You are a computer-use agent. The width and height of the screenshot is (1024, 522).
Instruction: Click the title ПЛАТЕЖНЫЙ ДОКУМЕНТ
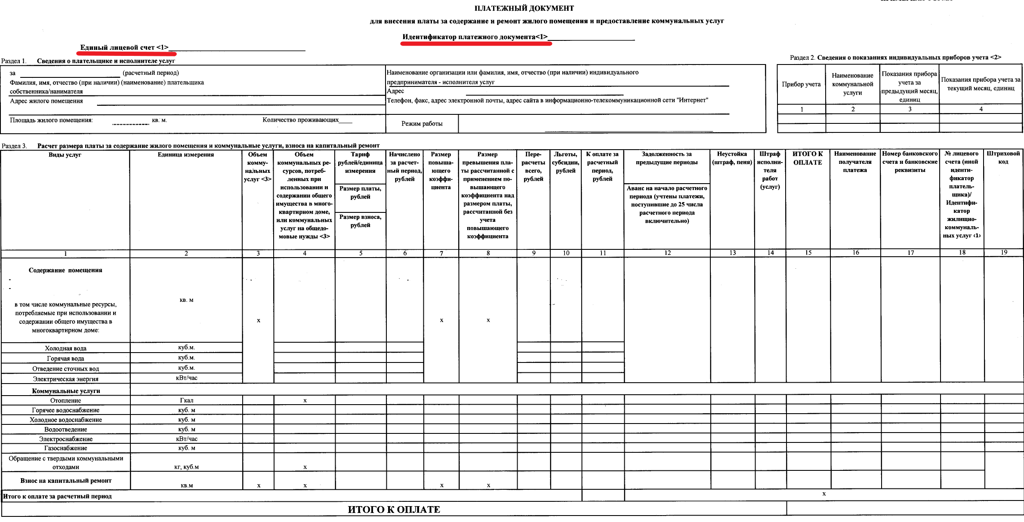[524, 8]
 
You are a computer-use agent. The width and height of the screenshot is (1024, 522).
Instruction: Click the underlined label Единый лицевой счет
[124, 48]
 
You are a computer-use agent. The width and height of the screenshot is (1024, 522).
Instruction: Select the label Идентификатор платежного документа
[475, 37]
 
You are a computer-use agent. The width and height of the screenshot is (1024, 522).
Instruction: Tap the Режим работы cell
[422, 124]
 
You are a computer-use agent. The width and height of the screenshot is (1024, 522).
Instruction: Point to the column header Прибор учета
[801, 84]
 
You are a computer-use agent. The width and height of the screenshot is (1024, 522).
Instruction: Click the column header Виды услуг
[65, 155]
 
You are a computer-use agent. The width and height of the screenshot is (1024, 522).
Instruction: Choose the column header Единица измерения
[185, 155]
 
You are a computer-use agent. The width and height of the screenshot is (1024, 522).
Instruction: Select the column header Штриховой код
[1003, 157]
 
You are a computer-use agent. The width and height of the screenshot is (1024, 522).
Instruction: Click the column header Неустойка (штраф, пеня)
[732, 158]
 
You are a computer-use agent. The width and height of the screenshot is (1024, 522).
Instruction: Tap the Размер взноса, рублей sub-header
[360, 221]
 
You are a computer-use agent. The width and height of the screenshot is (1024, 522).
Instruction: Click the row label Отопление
[65, 400]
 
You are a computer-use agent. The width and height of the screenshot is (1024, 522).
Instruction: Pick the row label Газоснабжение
[65, 448]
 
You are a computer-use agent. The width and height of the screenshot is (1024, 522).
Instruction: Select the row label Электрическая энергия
[65, 379]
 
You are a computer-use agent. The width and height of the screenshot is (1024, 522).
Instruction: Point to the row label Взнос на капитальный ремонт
[65, 481]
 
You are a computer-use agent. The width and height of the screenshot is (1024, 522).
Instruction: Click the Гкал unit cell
[186, 400]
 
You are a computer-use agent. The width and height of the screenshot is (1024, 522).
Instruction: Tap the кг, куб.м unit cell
[186, 467]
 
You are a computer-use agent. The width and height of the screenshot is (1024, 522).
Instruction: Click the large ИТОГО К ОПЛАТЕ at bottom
[394, 510]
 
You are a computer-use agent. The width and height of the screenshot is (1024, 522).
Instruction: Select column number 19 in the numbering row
[1003, 253]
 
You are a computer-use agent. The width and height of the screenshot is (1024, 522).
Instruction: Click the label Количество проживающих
[300, 120]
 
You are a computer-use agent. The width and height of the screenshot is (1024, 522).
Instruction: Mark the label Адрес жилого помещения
[46, 101]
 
